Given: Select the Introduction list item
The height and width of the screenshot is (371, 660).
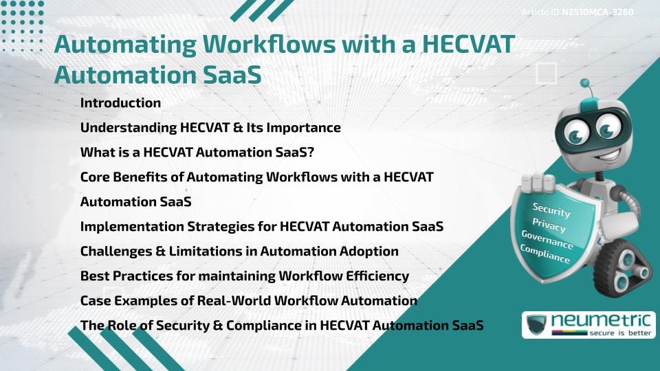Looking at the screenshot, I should click(x=120, y=103).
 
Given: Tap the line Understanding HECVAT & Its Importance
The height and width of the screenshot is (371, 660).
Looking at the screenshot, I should click(x=210, y=128).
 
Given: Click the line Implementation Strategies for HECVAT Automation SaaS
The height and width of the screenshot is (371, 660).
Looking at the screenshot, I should click(x=261, y=227).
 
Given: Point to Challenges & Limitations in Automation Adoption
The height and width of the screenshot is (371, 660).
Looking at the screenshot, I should click(x=239, y=251).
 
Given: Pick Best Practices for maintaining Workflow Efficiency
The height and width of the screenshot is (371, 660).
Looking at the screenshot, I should click(x=244, y=276).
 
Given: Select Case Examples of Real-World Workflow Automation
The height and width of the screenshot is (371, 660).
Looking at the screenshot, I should click(x=248, y=301).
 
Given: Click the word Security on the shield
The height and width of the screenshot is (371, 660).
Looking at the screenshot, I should click(x=551, y=210).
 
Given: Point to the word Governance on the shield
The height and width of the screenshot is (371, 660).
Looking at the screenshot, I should click(x=547, y=240).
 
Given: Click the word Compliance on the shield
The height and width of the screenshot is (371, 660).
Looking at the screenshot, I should click(x=544, y=254).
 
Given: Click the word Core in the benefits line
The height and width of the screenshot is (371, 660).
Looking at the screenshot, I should click(x=96, y=177).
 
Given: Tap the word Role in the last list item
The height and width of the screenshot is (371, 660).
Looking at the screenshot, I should click(x=122, y=326).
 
